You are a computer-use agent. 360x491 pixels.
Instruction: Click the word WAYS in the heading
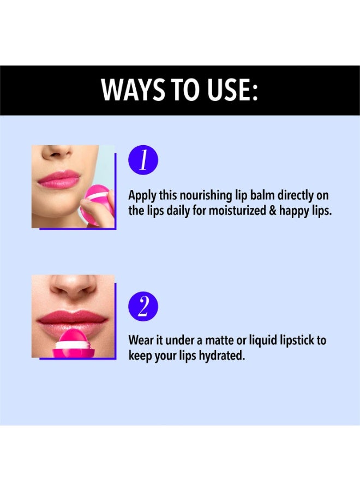tap(133, 89)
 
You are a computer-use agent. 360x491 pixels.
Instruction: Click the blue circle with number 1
tap(143, 160)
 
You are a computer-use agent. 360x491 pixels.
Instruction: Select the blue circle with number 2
tap(143, 306)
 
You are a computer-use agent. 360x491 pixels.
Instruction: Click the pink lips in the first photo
tap(58, 179)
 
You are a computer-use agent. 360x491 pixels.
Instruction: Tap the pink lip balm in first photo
tap(97, 203)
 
